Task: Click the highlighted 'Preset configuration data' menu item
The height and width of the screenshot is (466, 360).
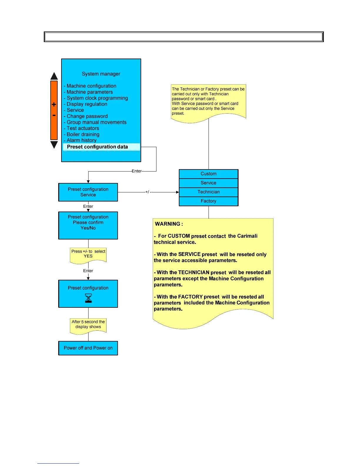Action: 97,147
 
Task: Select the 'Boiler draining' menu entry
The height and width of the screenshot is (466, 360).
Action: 83,134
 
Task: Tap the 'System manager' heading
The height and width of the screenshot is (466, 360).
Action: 101,74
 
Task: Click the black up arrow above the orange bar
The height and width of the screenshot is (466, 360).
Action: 54,76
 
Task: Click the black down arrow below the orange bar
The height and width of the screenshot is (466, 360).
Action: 54,145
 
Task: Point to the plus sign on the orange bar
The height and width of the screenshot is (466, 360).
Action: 54,104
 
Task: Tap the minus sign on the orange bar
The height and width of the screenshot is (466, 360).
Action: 54,116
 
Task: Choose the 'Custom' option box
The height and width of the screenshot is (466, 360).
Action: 209,174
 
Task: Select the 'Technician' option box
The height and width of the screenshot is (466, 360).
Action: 209,192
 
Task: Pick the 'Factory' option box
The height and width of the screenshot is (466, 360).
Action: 209,201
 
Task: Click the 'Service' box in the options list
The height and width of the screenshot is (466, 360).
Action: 209,183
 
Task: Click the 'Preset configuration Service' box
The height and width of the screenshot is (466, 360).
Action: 88,192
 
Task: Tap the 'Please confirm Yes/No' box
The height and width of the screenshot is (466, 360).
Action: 88,225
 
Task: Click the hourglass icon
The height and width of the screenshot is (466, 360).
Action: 88,298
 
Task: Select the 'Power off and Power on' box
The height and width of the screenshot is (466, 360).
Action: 88,348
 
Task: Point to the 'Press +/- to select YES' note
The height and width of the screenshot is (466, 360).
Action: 88,254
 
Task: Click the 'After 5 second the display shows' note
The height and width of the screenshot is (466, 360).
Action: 88,324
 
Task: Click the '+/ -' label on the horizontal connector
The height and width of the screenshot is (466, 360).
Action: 148,192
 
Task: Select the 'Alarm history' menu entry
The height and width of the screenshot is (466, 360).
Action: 81,140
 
